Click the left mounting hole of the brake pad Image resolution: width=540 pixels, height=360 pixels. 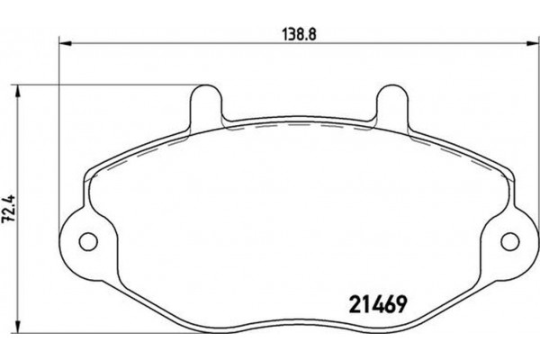point(88,241)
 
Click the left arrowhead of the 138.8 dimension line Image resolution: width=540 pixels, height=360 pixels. point(63,42)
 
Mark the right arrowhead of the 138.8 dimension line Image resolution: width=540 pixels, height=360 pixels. point(532,42)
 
